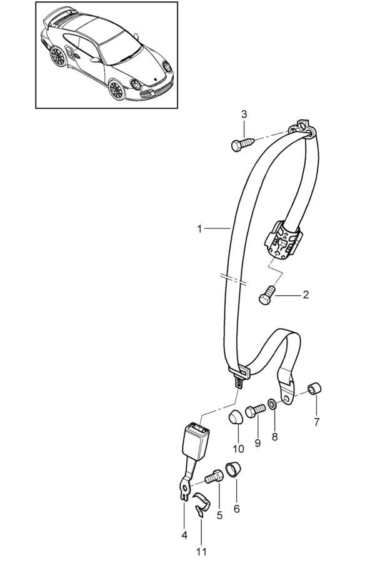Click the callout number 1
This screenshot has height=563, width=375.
pos(200,229)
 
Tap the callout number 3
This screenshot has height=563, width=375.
pos(244,114)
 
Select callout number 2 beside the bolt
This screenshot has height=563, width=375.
pos(306,295)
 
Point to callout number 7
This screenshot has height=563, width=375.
pos(316,422)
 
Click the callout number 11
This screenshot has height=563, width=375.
pos(201,551)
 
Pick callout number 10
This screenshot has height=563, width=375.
pos(238,449)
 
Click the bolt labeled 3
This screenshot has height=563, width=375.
pos(243,144)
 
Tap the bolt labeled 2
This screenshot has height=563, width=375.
pos(267,295)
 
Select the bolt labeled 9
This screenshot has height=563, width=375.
pos(255,410)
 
